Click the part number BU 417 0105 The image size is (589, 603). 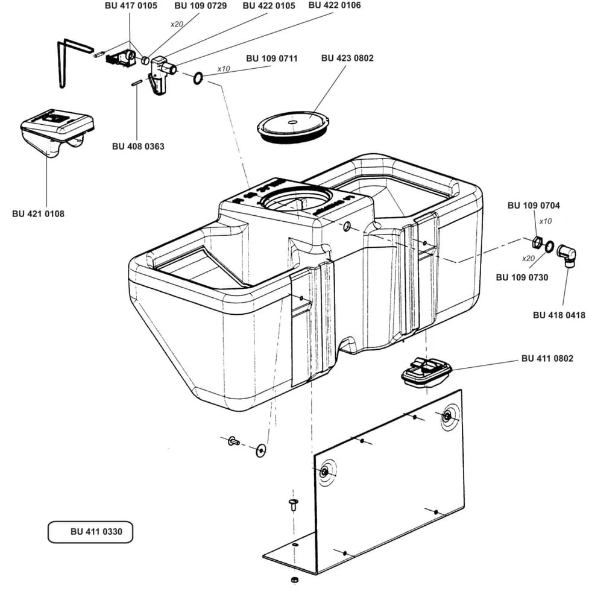[x=131, y=6]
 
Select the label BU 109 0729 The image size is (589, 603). [x=200, y=6]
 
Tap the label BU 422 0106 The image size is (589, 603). [x=334, y=5]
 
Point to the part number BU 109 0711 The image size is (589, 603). [x=271, y=58]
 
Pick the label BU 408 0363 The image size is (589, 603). [x=138, y=146]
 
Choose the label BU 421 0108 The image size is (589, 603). [x=38, y=213]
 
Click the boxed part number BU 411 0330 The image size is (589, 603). [x=90, y=532]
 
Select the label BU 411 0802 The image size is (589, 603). [x=547, y=358]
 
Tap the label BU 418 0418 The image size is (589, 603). [x=559, y=315]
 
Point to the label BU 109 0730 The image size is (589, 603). [x=521, y=277]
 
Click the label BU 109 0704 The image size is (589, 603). [x=534, y=206]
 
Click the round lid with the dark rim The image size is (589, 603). [x=293, y=127]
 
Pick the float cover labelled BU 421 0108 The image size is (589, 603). [x=56, y=132]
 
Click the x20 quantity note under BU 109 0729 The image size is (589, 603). [x=177, y=24]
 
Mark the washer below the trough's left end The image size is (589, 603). [x=260, y=450]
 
